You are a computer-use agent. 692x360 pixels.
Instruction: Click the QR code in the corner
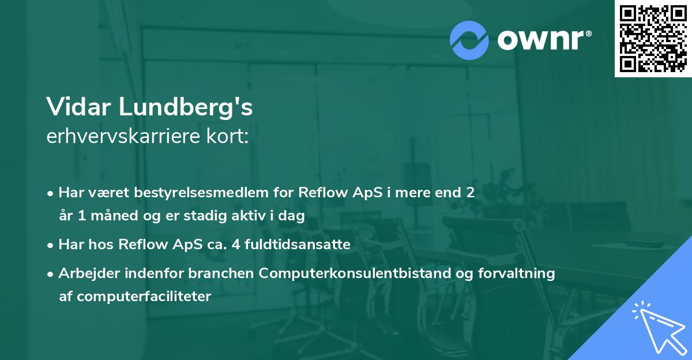tap(653, 39)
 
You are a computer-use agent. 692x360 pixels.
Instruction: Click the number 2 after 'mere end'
tap(471, 193)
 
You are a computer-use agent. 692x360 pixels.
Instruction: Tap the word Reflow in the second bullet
tap(139, 245)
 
